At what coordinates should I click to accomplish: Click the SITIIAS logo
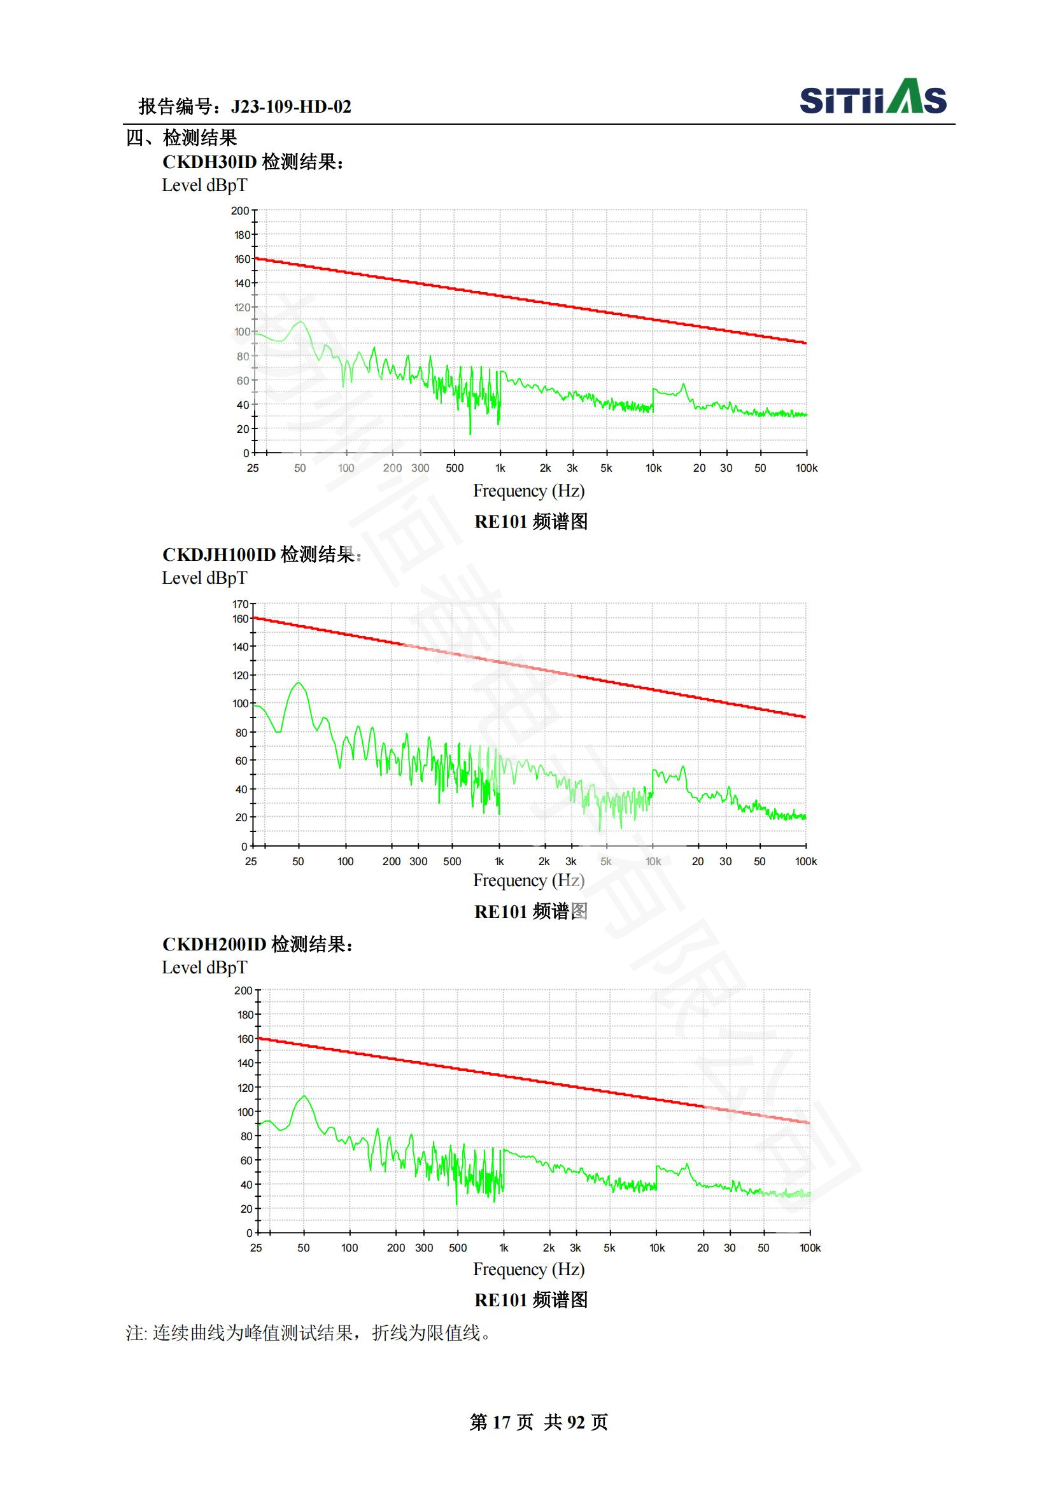[872, 97]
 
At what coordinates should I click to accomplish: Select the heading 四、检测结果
[181, 138]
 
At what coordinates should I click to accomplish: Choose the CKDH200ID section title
[257, 944]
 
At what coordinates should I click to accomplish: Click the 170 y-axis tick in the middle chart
[240, 603]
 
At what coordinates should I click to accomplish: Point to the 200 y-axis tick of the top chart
[240, 211]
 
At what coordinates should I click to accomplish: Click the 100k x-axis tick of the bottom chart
[810, 1248]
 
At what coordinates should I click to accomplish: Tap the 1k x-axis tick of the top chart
[500, 469]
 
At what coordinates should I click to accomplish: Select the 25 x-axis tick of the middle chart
[251, 861]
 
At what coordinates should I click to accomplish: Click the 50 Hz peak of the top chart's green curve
[300, 321]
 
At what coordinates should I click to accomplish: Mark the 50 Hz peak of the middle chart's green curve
[298, 682]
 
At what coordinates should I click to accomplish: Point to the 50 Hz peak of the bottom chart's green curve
[304, 1096]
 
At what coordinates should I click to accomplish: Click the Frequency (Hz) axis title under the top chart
[528, 491]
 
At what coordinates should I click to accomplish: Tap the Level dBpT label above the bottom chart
[204, 968]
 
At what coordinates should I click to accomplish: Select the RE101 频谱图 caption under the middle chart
[531, 911]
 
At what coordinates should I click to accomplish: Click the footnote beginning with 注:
[308, 1334]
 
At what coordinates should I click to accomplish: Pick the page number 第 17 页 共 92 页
[538, 1422]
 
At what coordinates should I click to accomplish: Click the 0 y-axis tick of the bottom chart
[249, 1233]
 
